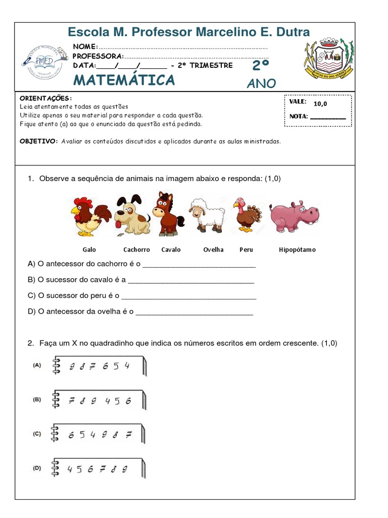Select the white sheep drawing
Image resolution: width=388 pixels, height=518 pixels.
(207, 215)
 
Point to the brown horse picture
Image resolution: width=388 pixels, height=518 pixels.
(166, 214)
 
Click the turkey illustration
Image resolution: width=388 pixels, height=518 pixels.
(248, 215)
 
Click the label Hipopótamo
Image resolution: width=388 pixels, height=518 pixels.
(297, 250)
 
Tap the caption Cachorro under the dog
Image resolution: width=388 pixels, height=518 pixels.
(136, 250)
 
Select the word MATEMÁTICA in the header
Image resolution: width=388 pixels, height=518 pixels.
(124, 80)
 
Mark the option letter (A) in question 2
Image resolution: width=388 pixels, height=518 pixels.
(37, 365)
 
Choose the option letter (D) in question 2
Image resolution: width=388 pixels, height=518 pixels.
(37, 468)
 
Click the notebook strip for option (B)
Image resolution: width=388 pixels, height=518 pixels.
(99, 401)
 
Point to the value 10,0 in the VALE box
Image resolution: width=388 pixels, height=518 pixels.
(320, 104)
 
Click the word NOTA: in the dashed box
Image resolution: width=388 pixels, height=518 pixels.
(299, 116)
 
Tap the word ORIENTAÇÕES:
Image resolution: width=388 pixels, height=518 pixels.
(45, 98)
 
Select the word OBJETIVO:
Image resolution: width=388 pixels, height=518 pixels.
(39, 142)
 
